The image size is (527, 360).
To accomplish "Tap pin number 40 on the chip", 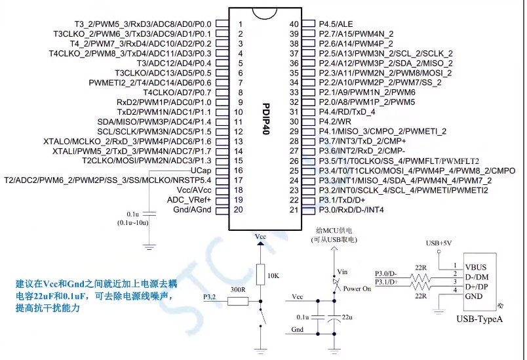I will [294, 24].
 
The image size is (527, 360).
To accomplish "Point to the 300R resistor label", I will [239, 289].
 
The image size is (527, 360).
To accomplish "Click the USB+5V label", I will [440, 243].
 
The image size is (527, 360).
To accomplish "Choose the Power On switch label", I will [358, 288].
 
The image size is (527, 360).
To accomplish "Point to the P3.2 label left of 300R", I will [210, 297].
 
